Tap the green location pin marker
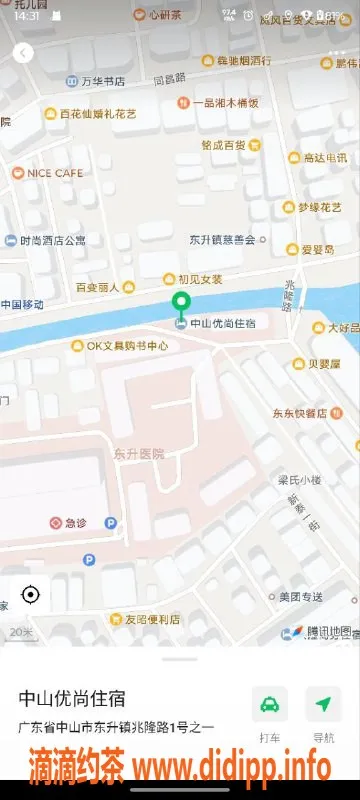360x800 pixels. (180, 304)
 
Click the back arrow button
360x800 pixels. (23, 53)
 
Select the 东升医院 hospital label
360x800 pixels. (139, 453)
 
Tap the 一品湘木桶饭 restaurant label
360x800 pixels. (225, 102)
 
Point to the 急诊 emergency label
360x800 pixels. (76, 522)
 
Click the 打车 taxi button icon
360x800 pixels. (269, 704)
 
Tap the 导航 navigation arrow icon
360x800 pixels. (323, 704)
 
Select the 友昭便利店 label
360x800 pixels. (145, 619)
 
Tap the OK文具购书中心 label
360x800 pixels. (120, 346)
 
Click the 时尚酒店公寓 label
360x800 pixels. (53, 240)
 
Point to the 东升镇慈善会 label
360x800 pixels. (222, 239)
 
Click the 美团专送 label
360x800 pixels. (300, 597)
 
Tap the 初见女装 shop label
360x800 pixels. (200, 279)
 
